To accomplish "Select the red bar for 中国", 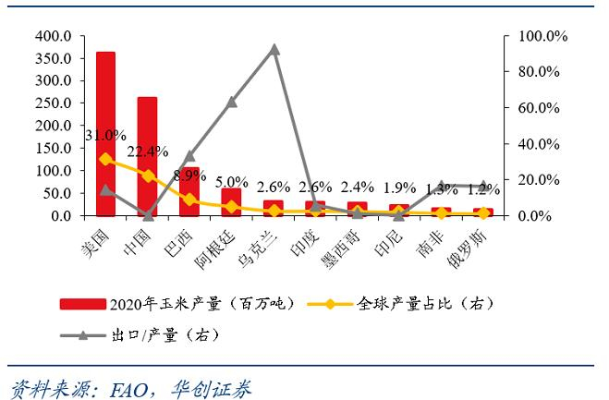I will click(147, 157).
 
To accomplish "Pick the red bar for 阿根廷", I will click(231, 202).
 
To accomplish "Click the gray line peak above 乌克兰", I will click(274, 49).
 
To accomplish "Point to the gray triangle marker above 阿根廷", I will click(231, 102).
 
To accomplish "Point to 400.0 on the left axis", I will click(53, 36).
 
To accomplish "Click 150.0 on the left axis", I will click(53, 149).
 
